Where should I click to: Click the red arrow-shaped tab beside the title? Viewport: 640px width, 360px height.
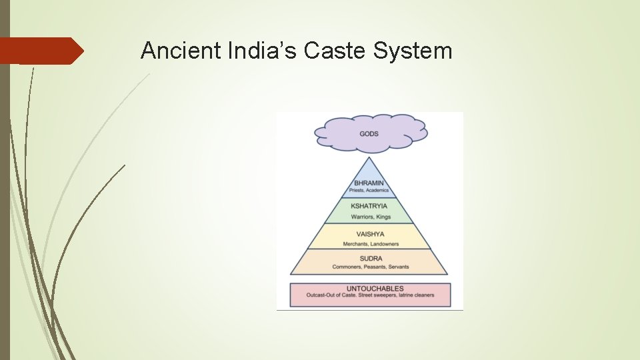point(41,51)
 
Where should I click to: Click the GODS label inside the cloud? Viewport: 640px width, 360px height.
point(369,134)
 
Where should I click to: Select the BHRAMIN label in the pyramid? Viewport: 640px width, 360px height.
point(369,183)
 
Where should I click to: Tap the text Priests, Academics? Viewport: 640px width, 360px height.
point(369,191)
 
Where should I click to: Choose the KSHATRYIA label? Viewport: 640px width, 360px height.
point(369,206)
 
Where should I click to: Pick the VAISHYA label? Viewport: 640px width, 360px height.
point(369,234)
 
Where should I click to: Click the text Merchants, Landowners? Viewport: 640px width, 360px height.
point(371,244)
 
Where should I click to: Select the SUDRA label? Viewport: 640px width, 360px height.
point(370,259)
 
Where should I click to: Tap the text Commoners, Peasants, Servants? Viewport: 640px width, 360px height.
point(371,267)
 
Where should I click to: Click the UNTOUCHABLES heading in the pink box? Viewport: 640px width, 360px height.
point(371,288)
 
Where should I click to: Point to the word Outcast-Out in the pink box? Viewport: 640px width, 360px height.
point(321,295)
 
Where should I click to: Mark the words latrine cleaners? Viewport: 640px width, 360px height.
point(414,295)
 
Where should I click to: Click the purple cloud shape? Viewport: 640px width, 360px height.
point(400,127)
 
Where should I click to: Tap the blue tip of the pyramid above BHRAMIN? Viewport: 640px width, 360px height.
point(369,168)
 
